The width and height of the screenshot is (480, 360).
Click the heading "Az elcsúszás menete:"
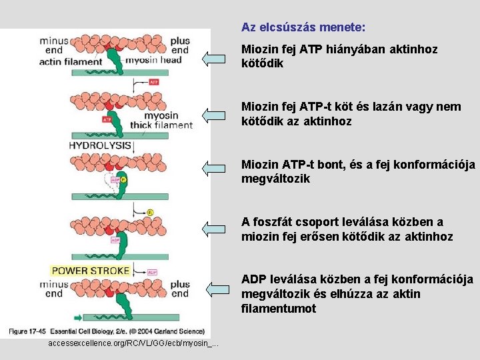pos(303,28)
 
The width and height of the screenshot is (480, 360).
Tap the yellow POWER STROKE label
pos(90,270)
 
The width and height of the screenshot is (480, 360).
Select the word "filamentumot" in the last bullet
pos(279,309)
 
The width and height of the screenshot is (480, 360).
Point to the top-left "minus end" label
pos(54,45)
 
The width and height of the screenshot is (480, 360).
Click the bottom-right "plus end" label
pos(179,289)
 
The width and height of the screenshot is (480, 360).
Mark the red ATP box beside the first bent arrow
pos(154,82)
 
